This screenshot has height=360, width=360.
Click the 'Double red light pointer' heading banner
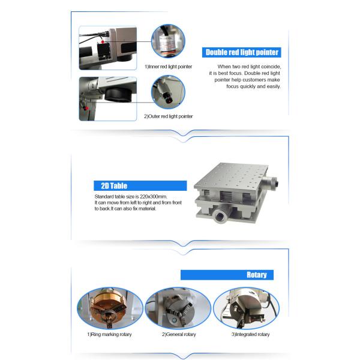tap(242, 52)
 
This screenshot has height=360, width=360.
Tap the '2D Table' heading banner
tap(140, 186)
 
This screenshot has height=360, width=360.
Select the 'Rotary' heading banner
tap(227, 275)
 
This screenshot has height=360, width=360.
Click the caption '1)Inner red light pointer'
tap(168, 67)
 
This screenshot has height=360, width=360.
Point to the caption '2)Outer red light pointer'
tap(168, 116)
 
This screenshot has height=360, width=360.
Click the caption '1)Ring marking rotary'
tap(109, 334)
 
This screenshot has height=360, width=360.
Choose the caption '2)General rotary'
tap(179, 334)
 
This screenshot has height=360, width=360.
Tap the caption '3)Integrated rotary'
tap(250, 334)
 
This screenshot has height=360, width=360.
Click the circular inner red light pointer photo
tap(168, 41)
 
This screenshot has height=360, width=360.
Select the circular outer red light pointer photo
tap(168, 92)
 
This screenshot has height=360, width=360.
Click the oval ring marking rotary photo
tap(110, 308)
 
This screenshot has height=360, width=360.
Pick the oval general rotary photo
tap(178, 308)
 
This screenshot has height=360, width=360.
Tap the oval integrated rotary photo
tap(246, 308)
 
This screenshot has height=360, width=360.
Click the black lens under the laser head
tap(118, 94)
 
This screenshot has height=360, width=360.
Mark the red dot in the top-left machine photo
tap(103, 42)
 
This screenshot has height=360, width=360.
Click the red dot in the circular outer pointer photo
tap(169, 101)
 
